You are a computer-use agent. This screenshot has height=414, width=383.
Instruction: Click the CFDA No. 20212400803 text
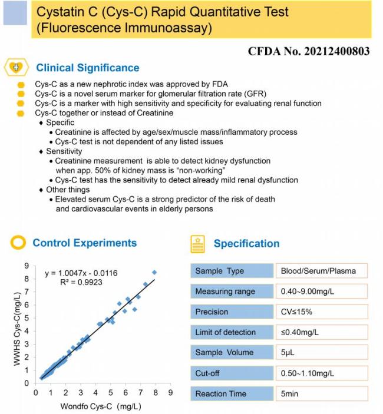click(x=309, y=51)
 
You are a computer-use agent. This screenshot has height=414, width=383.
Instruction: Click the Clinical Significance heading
click(x=88, y=68)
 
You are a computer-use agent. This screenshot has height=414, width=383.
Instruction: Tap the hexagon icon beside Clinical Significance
click(x=16, y=68)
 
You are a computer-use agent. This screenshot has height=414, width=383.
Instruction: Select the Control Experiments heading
click(x=84, y=243)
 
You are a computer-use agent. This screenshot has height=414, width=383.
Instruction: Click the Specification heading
click(x=246, y=243)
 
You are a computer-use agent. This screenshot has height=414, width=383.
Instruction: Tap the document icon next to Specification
click(x=199, y=243)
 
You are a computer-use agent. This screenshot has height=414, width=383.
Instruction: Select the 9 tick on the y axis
click(x=26, y=266)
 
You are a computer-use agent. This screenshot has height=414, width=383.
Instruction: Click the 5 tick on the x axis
click(x=110, y=392)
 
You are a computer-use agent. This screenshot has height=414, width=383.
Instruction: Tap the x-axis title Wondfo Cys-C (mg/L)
click(x=101, y=406)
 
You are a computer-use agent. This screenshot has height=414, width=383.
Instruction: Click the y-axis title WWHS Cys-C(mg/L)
click(x=17, y=329)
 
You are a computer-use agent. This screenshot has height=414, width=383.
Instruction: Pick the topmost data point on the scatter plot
click(x=154, y=272)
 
